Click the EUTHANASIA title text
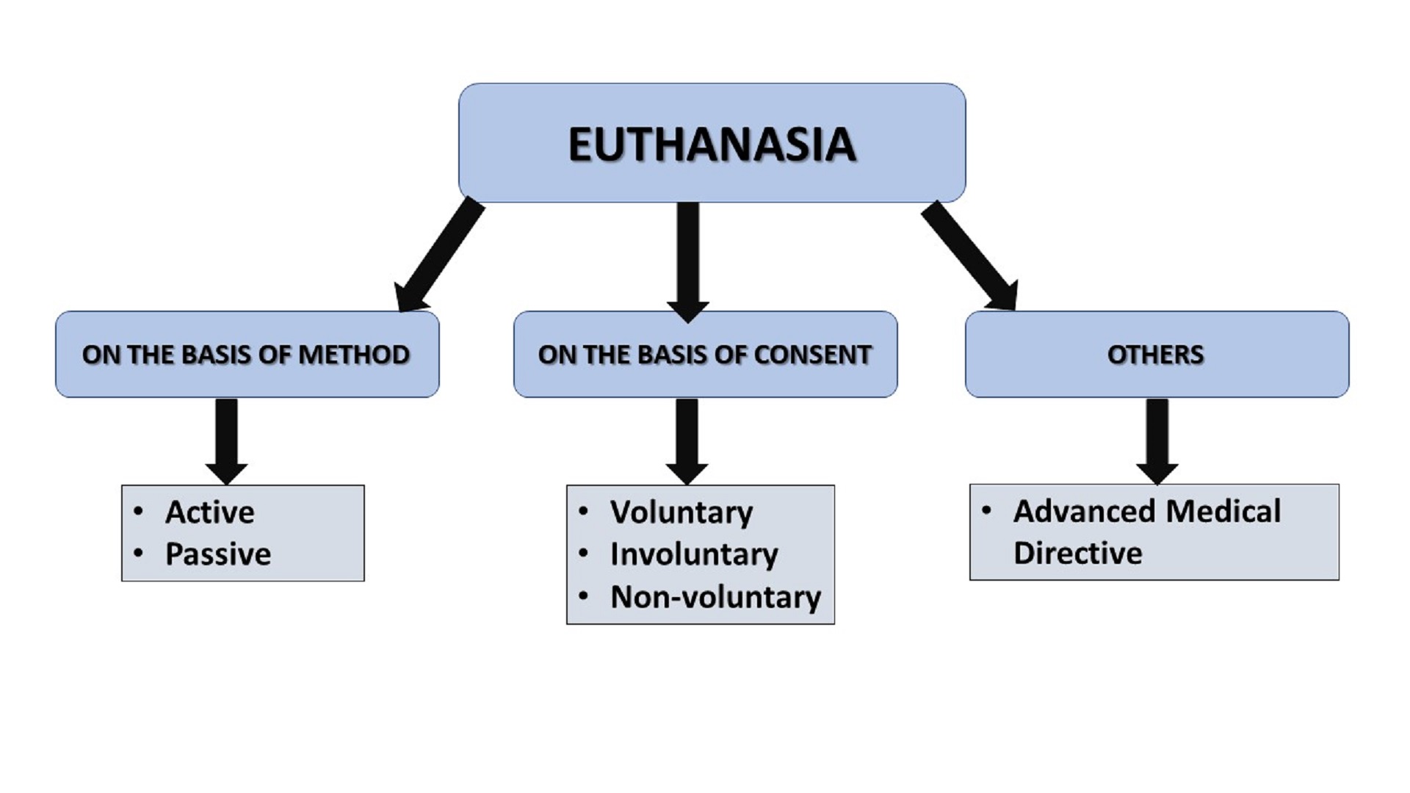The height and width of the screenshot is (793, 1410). [x=712, y=144]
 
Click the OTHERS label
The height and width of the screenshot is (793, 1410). [x=1155, y=355]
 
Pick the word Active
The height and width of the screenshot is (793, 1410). [x=210, y=513]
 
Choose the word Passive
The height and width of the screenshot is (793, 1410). [x=218, y=554]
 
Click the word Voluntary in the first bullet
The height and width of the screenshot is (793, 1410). [x=681, y=513]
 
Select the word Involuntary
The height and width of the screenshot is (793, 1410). [x=694, y=554]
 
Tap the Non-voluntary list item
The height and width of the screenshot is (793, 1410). [x=715, y=597]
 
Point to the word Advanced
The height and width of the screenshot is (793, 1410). [x=1085, y=511]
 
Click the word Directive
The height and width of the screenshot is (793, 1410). [x=1077, y=553]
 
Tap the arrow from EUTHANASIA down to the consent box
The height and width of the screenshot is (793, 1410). [x=688, y=261]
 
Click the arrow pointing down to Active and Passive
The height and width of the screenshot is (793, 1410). [x=226, y=440]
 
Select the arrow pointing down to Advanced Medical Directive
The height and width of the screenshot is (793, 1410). [x=1157, y=440]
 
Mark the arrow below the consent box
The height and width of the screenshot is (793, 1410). [x=687, y=440]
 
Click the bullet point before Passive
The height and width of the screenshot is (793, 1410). [x=139, y=554]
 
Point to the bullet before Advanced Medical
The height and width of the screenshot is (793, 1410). [x=987, y=510]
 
